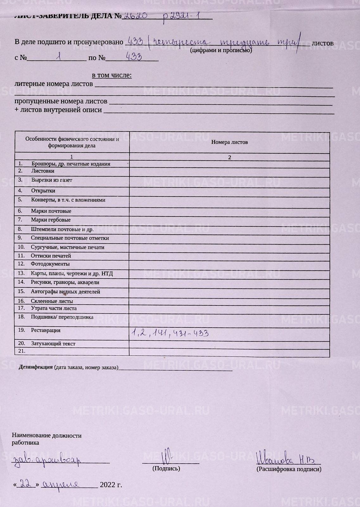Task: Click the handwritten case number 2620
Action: point(135,15)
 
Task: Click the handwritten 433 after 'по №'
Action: point(134,57)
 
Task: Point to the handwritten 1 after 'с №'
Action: point(58,57)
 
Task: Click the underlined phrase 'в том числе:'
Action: point(111,75)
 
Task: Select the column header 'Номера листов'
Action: point(230,142)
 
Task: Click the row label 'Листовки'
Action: point(43,171)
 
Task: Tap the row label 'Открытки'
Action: point(43,191)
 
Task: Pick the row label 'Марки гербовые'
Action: point(51,220)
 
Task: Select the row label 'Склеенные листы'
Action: point(52,301)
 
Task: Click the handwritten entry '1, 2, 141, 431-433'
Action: point(170,333)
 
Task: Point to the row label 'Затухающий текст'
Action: point(53,344)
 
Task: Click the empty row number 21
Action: point(22,351)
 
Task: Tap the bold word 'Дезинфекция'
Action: point(35,367)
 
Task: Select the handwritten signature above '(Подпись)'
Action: point(166,457)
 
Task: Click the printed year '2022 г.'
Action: point(111,485)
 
